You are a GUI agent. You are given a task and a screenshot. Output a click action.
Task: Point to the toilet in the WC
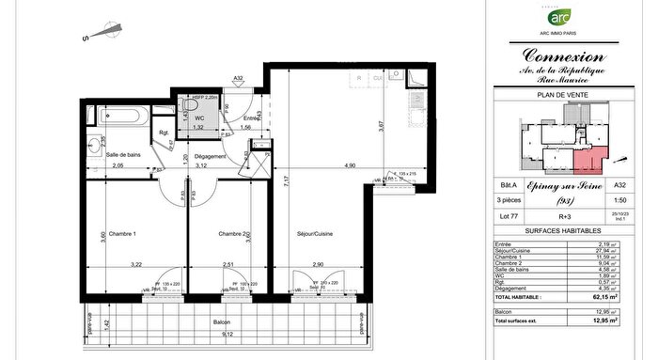click(x=199, y=104)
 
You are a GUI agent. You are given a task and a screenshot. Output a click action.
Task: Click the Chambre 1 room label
click(x=121, y=233)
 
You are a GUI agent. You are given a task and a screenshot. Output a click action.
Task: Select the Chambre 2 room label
click(x=232, y=233)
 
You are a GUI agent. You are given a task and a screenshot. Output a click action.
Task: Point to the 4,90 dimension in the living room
click(x=348, y=165)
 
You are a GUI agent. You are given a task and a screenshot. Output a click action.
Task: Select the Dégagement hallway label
click(x=211, y=156)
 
